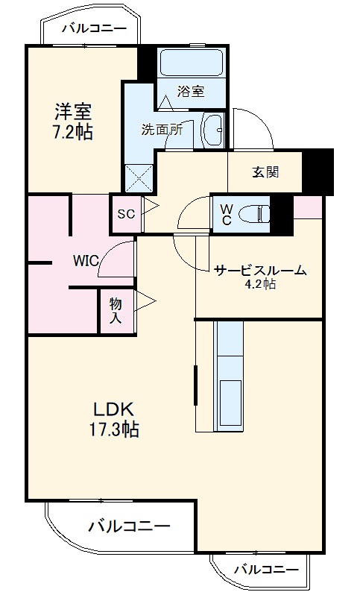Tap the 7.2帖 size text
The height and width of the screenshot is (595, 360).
coord(72,134)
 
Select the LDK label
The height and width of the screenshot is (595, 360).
coord(113,409)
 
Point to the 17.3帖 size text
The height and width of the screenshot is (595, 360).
coord(113,429)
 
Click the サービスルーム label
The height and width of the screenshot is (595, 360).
coord(259,271)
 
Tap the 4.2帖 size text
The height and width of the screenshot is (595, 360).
coord(259,284)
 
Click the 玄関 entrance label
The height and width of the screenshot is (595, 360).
coord(265,172)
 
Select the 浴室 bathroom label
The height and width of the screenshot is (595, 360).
coord(190,91)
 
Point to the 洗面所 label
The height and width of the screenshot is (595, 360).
coord(162,128)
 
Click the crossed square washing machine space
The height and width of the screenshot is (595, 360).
coord(139,178)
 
